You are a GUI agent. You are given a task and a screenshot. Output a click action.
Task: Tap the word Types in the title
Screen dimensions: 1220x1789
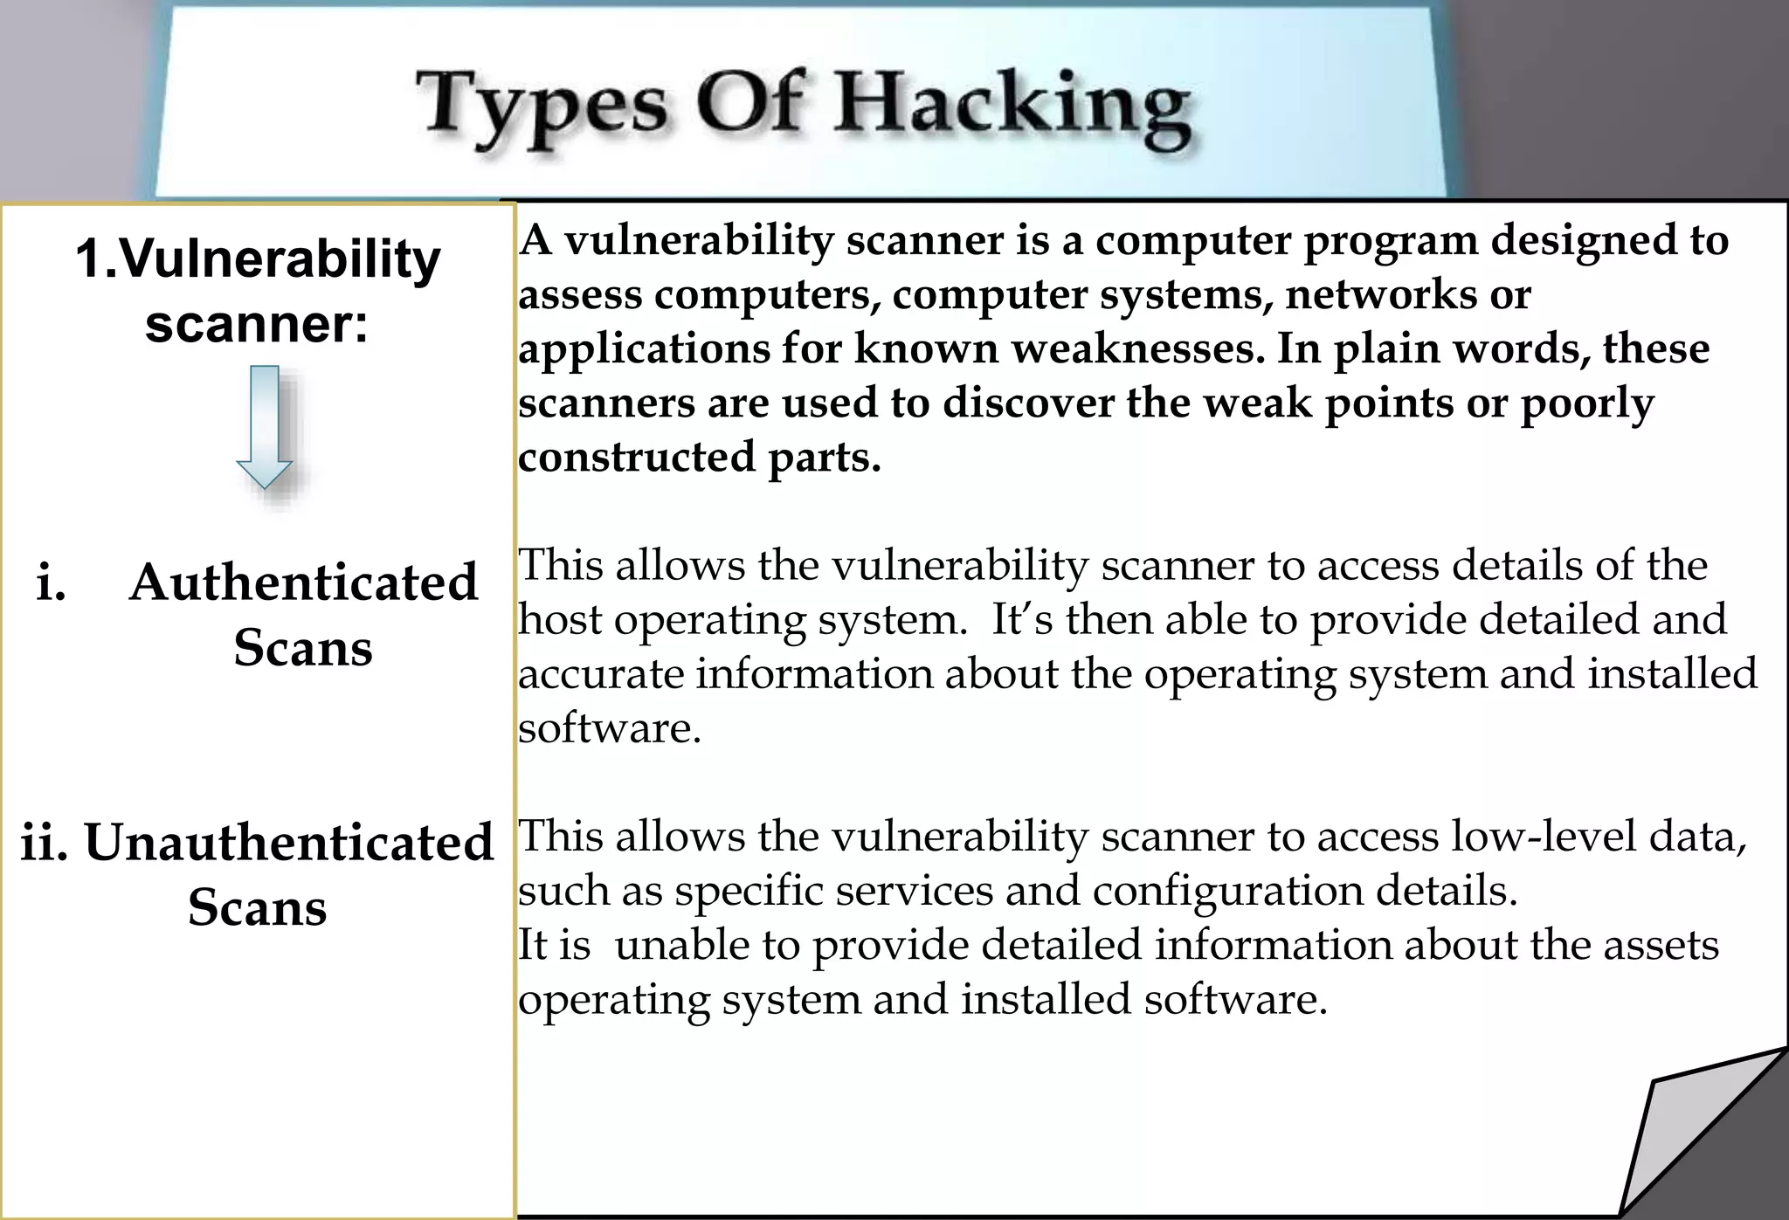pos(542,107)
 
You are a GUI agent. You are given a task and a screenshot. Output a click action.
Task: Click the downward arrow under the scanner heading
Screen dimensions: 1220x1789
pos(265,426)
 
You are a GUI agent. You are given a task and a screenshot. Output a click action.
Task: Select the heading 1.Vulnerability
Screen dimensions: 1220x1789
pos(258,259)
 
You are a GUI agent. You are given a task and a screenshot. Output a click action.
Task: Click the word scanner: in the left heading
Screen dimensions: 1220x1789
pos(257,324)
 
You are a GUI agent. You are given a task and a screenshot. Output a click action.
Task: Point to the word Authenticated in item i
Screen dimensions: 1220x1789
pos(303,582)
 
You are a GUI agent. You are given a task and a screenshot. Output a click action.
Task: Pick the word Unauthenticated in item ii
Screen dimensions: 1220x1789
pos(289,842)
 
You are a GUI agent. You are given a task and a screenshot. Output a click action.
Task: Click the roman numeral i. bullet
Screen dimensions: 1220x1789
pos(52,582)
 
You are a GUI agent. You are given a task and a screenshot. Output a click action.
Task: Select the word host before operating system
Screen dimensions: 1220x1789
pos(560,620)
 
